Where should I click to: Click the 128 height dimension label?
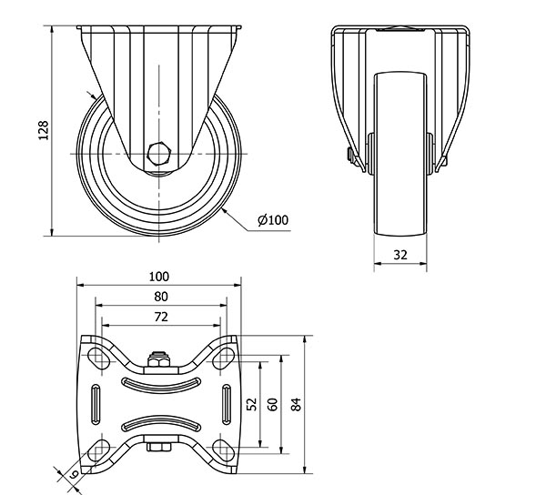coord(43,130)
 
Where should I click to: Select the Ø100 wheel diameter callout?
coord(273,220)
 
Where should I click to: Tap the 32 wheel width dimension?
coord(400,255)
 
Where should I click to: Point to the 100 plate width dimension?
coord(158,277)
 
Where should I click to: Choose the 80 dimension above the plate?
coord(161,297)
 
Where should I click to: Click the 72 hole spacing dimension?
coord(161,317)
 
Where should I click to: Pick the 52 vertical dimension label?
coord(251,404)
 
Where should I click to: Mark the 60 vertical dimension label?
coord(273,404)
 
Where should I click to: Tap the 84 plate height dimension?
coord(296,404)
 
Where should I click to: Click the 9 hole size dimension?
coord(74,474)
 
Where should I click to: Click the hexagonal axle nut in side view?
coord(158,154)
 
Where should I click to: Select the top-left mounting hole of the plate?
coord(98,356)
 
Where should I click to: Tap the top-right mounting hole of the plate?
coord(224,356)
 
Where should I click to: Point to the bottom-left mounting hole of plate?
coord(98,450)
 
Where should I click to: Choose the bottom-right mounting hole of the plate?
coord(224,450)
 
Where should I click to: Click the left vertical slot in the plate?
coord(96,405)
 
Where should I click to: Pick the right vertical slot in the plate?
coord(227,405)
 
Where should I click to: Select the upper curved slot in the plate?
coord(161,386)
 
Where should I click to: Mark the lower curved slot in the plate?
coord(161,423)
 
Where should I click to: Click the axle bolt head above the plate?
coord(158,359)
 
